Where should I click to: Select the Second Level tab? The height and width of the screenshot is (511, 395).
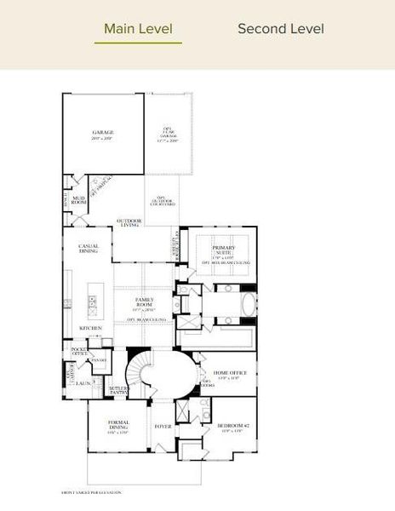(280, 29)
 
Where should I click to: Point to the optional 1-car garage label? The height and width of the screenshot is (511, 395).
(168, 135)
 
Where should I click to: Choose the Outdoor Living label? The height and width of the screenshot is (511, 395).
(129, 224)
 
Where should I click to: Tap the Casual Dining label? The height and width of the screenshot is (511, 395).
(88, 248)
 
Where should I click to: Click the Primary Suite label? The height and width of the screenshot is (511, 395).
(224, 250)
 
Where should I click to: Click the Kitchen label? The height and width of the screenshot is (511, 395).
(91, 327)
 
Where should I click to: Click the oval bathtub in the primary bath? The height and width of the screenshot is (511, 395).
(248, 304)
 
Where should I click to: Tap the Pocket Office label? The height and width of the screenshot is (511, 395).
(80, 352)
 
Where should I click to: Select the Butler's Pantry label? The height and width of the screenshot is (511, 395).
(117, 390)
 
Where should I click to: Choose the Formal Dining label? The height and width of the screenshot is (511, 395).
(118, 424)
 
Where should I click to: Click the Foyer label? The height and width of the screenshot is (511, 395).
(162, 426)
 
